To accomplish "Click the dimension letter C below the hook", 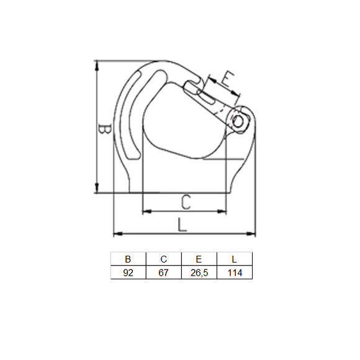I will [186, 202].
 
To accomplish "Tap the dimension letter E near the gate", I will [228, 79].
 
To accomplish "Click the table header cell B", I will [128, 259].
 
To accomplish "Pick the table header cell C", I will [164, 259].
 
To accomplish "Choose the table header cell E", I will [199, 259].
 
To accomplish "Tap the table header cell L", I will [234, 259].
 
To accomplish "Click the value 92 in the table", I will [128, 272].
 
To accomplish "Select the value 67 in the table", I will [164, 272].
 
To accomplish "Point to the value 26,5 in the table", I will [199, 272].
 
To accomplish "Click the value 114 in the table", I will [234, 272].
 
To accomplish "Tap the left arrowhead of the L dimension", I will [116, 234].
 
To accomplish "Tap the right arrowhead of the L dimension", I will [252, 234].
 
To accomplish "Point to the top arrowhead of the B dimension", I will [97, 64].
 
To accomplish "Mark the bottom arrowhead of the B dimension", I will [97, 189].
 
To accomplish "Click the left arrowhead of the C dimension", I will [146, 212].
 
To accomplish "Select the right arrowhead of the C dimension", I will [224, 212].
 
